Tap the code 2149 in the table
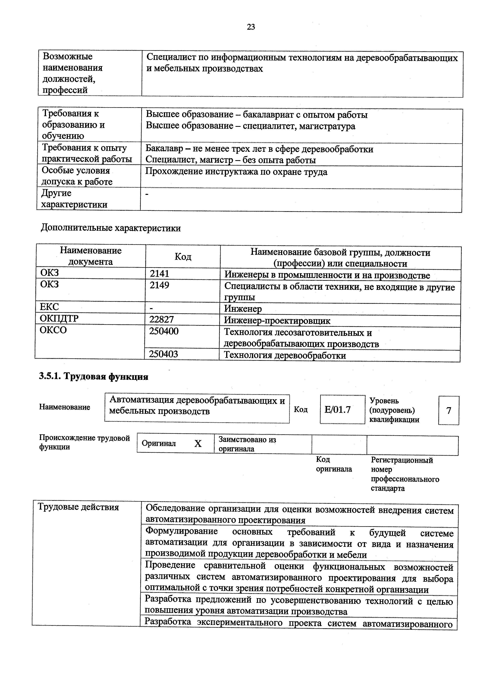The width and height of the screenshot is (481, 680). [159, 285]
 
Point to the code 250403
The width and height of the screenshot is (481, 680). [164, 354]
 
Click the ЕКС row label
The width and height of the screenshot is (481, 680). [49, 307]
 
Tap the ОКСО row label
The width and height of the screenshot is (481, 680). [53, 330]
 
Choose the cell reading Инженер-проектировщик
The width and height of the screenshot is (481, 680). [277, 321]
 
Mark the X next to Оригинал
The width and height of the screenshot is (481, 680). [198, 444]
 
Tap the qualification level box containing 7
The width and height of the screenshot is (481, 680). [448, 410]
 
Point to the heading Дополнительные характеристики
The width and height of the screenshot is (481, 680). [111, 228]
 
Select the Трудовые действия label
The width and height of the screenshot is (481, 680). [79, 515]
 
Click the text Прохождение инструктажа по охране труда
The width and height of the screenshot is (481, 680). [236, 172]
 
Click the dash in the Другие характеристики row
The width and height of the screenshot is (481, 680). [147, 194]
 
